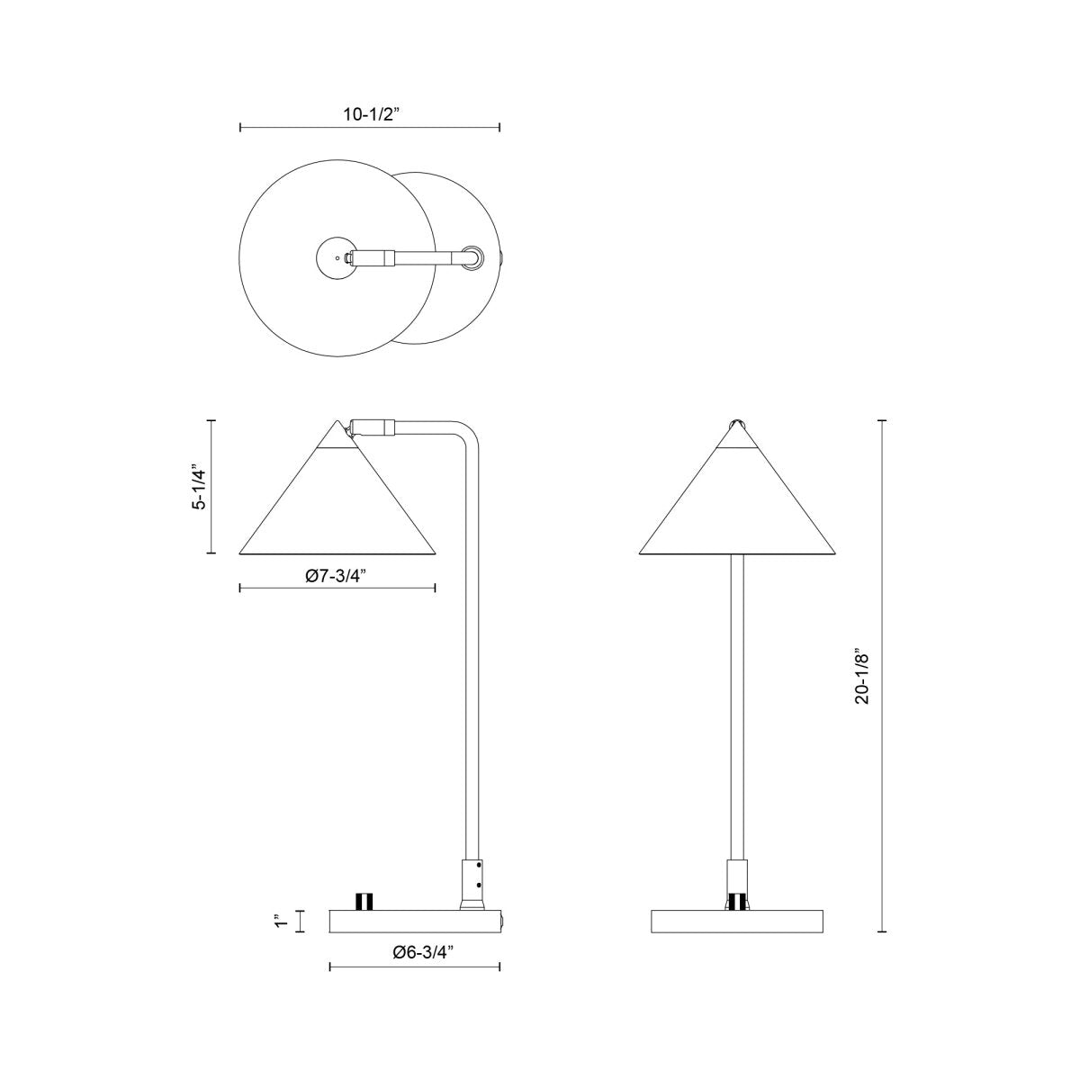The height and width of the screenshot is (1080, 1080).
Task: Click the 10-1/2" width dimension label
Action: click(x=370, y=115)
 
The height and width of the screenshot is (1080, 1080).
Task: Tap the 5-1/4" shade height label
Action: click(x=199, y=487)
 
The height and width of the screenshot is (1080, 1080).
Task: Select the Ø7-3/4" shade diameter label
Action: click(x=338, y=576)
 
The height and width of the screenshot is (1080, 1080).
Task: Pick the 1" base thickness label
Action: click(x=282, y=921)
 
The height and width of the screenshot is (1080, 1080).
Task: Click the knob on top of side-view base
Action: click(x=364, y=902)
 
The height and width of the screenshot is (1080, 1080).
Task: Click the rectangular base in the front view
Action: click(x=738, y=921)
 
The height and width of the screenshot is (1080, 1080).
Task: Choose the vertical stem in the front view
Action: click(x=737, y=702)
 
